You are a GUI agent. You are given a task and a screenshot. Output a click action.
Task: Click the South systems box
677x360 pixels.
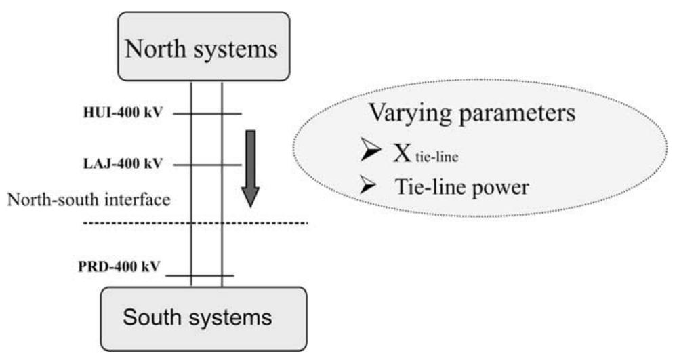pyautogui.click(x=205, y=318)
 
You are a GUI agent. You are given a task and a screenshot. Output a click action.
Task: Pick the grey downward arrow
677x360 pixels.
pyautogui.click(x=251, y=167)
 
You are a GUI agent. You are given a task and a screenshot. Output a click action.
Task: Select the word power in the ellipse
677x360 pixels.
pyautogui.click(x=502, y=187)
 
